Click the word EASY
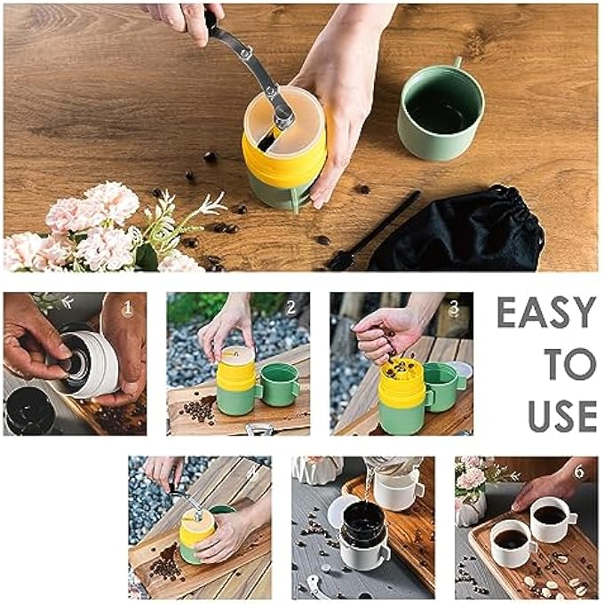click(x=545, y=313)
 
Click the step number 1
click(x=127, y=308)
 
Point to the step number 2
click(x=290, y=308)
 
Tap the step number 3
click(x=454, y=308)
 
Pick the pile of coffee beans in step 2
click(x=197, y=410)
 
